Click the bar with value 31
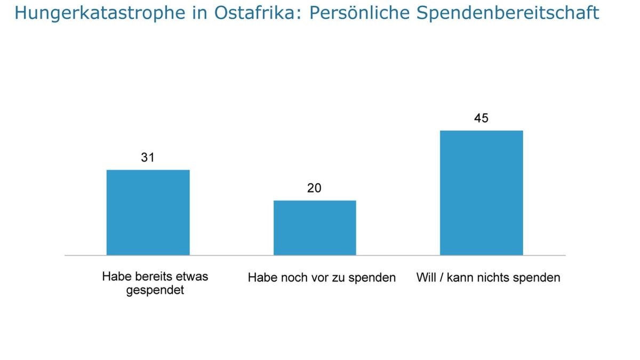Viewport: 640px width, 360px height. click(148, 212)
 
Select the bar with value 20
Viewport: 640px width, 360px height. click(315, 228)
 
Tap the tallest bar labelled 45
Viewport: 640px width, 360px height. click(481, 193)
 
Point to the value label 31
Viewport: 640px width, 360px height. click(148, 157)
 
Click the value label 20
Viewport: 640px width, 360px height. click(315, 188)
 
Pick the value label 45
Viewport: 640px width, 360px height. click(481, 118)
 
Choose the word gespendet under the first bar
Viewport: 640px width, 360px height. click(155, 291)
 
